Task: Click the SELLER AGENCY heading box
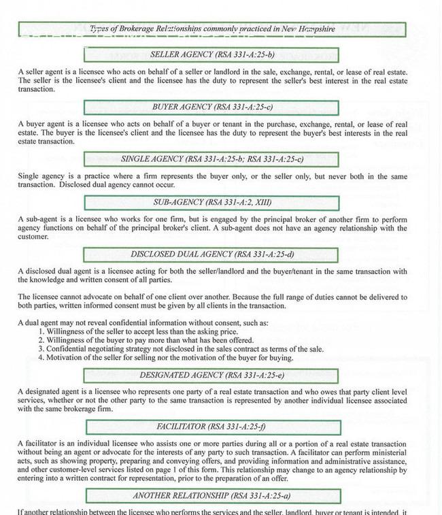(x=211, y=54)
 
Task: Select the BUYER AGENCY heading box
(x=211, y=107)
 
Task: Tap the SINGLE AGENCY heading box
(x=211, y=159)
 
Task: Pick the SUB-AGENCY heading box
(x=211, y=203)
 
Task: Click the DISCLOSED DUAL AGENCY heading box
(x=211, y=255)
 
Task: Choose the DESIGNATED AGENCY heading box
(x=211, y=376)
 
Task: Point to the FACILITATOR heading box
(x=211, y=428)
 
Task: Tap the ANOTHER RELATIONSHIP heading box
(x=211, y=496)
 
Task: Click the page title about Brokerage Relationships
(x=211, y=29)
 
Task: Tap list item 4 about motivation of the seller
(x=170, y=358)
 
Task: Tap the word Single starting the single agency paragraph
(x=28, y=176)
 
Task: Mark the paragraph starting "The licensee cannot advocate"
(x=212, y=301)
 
